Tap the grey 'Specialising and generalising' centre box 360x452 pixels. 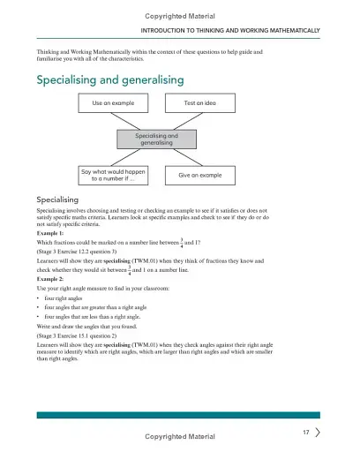click(x=158, y=139)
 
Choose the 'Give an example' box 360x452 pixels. click(x=200, y=176)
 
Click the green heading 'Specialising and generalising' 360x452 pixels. click(x=110, y=79)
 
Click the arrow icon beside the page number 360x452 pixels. click(x=318, y=433)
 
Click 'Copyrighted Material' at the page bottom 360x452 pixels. click(x=179, y=436)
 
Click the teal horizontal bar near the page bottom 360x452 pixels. click(x=179, y=415)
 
